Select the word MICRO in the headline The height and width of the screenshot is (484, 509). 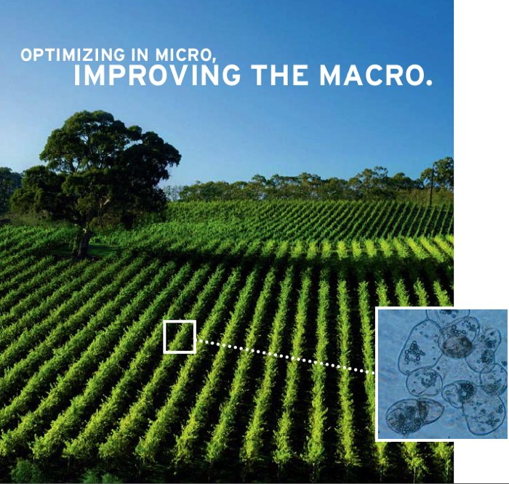tap(183, 55)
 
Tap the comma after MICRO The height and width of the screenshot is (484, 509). tap(214, 60)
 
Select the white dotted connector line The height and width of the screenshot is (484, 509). tap(286, 357)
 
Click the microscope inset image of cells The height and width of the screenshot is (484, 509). tap(442, 374)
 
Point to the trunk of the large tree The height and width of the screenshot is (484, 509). tap(83, 240)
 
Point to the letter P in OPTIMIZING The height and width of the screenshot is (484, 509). tap(39, 55)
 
